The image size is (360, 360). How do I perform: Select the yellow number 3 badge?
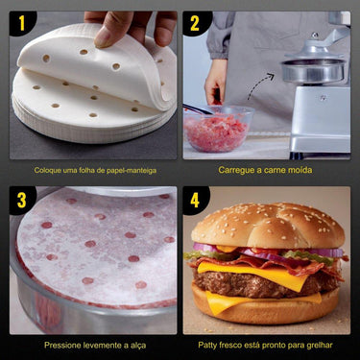(x=21, y=200)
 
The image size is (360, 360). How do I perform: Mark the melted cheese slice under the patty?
(x=230, y=301)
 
